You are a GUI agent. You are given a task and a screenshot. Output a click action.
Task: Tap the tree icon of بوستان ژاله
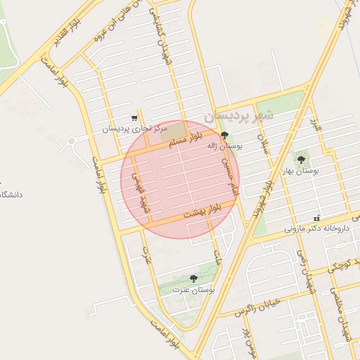224,134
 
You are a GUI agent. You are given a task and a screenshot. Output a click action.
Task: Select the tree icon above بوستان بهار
301,160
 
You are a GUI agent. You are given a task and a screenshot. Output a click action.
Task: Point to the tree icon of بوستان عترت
193,278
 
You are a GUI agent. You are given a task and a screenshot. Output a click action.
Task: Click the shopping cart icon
134,118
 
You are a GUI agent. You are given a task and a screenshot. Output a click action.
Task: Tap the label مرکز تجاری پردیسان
135,129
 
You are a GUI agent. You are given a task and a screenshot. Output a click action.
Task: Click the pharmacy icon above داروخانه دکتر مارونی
316,218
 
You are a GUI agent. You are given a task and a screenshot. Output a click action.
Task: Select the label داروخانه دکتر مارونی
317,229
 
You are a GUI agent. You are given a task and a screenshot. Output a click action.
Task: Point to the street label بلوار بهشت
202,210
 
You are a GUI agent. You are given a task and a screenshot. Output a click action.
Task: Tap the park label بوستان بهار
301,171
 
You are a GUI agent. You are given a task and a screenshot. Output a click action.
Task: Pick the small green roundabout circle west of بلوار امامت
71,141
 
